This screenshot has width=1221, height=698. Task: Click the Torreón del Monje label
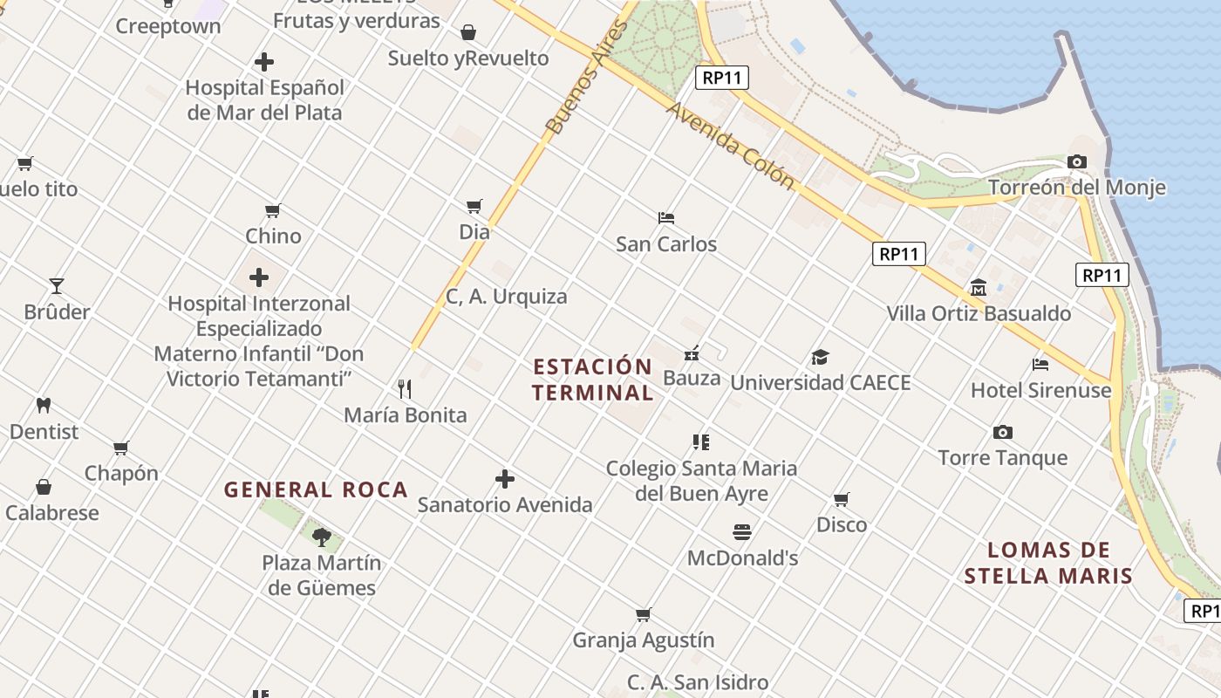coord(1076,188)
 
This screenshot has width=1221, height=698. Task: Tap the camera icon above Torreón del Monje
coord(1077,161)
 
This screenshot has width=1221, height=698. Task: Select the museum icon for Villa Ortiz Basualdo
coord(978,287)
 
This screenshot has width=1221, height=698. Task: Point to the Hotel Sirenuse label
coord(1040,390)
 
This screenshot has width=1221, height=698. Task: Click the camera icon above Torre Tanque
coord(1002,432)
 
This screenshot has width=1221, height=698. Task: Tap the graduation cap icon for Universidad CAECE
coord(820,357)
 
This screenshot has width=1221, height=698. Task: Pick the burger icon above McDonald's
coord(742,531)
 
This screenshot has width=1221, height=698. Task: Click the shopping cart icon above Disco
coord(841,499)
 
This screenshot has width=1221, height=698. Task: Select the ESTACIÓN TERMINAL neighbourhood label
coord(592,380)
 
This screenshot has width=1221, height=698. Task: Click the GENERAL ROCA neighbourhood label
coord(316,489)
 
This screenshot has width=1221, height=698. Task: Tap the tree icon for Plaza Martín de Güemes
coord(322,537)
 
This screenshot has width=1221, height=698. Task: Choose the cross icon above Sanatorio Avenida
coord(505,478)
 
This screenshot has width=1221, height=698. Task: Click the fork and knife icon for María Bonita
coord(405,388)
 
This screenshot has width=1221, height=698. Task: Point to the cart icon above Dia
coord(474,207)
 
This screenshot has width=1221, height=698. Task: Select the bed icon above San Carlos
coord(666,217)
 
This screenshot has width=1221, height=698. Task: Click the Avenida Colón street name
coord(731,146)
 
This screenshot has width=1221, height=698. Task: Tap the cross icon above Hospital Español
coord(264,62)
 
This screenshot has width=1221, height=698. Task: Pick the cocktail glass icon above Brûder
coord(57,285)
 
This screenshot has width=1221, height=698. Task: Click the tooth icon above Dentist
coord(44,405)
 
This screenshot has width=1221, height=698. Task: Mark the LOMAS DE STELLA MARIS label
coord(1048,563)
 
